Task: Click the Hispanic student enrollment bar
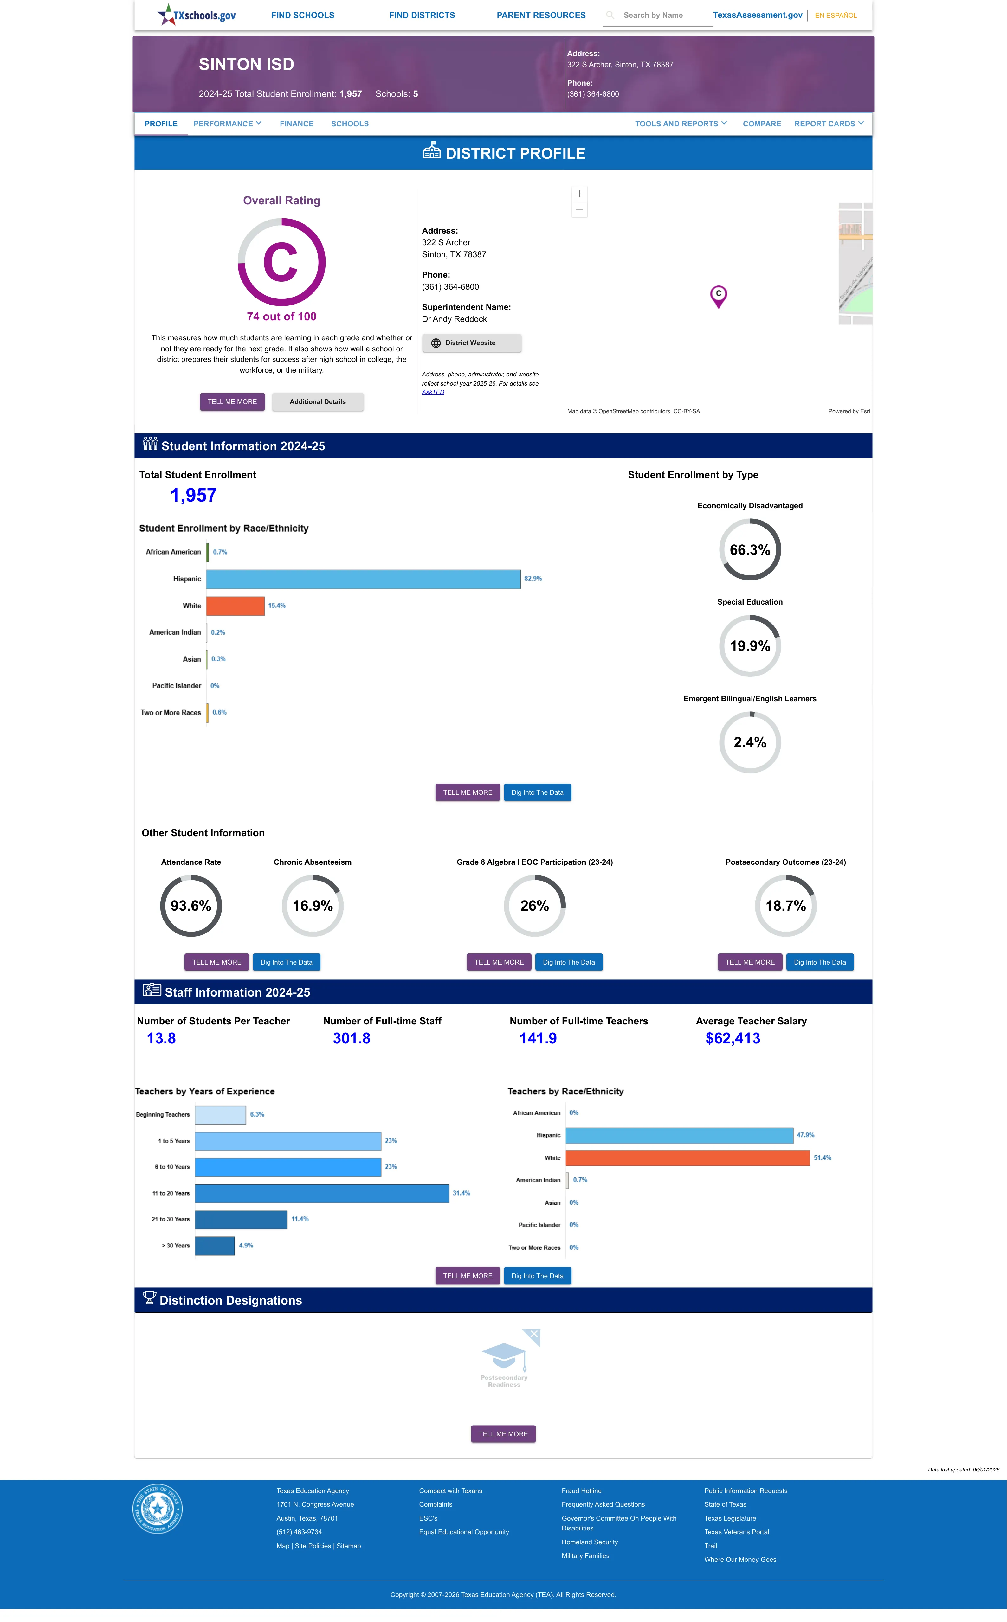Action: tap(363, 579)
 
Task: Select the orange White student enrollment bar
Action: tap(235, 606)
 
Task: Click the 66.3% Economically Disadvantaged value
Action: tap(750, 550)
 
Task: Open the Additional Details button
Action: tap(318, 402)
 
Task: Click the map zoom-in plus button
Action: tap(579, 194)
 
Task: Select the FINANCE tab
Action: tap(296, 124)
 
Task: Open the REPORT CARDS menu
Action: tap(829, 124)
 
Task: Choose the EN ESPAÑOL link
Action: tap(836, 15)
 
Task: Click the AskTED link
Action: tap(433, 392)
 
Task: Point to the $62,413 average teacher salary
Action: tap(733, 1038)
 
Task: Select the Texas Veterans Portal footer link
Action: tap(737, 1532)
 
